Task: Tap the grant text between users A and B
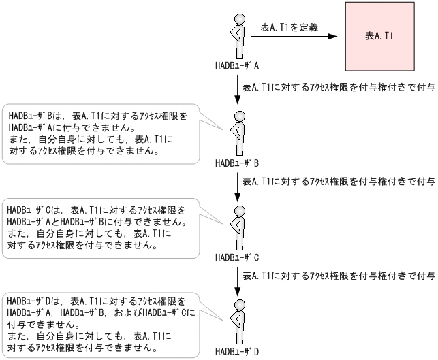pyautogui.click(x=339, y=88)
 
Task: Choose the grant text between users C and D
pyautogui.click(x=339, y=276)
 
